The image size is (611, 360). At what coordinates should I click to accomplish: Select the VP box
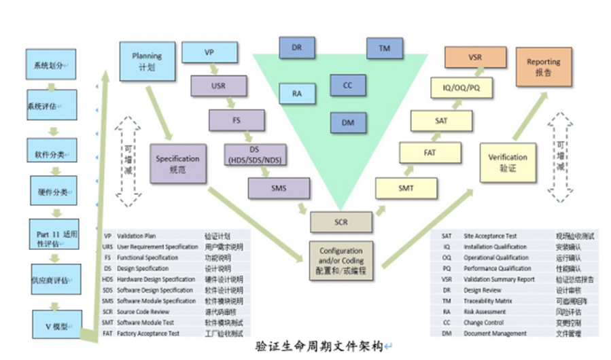[209, 52]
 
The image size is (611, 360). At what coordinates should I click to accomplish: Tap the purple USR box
[219, 86]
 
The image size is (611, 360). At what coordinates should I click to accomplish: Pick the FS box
[236, 120]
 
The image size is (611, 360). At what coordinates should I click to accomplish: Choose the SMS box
[279, 188]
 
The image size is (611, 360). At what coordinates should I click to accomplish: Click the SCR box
[341, 222]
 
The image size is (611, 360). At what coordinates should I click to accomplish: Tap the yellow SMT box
[406, 188]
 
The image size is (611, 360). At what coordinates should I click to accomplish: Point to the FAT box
[430, 152]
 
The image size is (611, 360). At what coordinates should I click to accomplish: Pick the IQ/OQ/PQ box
[463, 88]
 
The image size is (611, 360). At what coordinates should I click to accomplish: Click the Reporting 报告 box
[544, 67]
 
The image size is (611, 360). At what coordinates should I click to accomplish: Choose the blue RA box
[297, 93]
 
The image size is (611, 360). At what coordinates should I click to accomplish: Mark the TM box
[384, 48]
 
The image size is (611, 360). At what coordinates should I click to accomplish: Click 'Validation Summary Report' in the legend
[499, 279]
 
